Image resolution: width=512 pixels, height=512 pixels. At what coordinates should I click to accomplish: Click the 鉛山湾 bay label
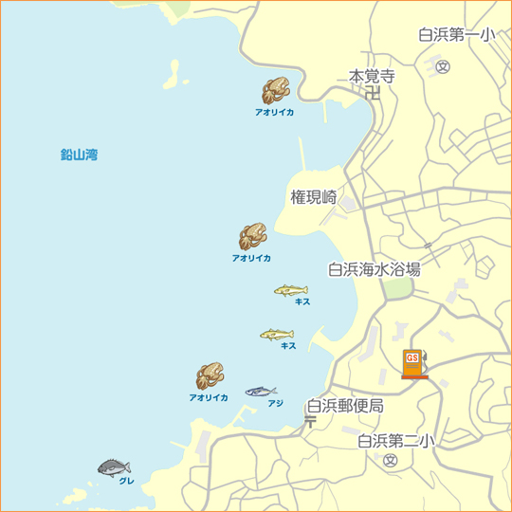coord(79,154)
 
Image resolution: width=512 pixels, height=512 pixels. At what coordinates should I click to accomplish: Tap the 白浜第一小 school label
coord(456,36)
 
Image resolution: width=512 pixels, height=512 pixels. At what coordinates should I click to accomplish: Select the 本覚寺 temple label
coord(372,76)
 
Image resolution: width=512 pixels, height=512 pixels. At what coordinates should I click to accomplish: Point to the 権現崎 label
coord(314,197)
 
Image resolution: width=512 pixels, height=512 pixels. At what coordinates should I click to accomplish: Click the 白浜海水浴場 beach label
coord(374,269)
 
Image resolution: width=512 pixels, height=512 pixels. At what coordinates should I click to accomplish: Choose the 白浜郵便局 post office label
coord(345,406)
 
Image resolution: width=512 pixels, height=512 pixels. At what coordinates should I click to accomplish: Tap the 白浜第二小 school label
coord(396,440)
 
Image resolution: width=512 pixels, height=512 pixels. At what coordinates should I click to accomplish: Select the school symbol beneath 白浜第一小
coord(443,66)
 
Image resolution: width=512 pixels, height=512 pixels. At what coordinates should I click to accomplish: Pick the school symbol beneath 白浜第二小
coord(390,460)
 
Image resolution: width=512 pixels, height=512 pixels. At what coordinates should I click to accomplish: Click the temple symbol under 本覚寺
coord(373,93)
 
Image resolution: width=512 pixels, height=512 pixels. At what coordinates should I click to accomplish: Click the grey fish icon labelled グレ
coord(114,466)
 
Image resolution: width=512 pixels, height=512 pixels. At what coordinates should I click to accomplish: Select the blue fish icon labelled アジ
coord(261,391)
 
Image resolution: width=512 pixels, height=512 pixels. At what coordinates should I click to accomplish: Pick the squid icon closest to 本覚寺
coord(275,91)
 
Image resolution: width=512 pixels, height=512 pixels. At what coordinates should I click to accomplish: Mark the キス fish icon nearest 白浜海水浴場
coord(290,289)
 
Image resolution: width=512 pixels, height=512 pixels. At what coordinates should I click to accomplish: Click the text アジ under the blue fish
coord(275,403)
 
